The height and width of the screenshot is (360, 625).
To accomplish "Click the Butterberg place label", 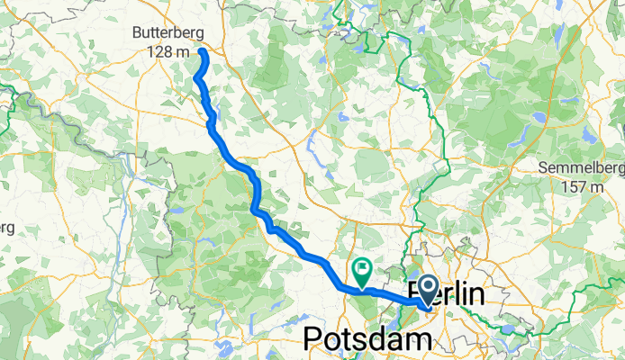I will coord(168,32).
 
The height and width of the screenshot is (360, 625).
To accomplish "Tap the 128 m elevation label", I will coord(168,51).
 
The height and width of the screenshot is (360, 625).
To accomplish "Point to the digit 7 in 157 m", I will coord(583,187).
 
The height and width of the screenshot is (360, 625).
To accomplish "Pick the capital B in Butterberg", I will coord(137,32).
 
